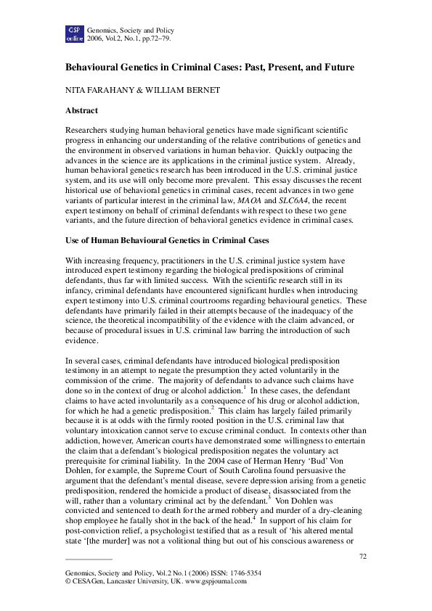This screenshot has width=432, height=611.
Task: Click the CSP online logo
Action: tap(75, 33)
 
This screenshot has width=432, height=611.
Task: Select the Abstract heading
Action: tap(83, 111)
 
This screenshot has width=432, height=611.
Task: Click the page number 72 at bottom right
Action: tap(364, 556)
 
